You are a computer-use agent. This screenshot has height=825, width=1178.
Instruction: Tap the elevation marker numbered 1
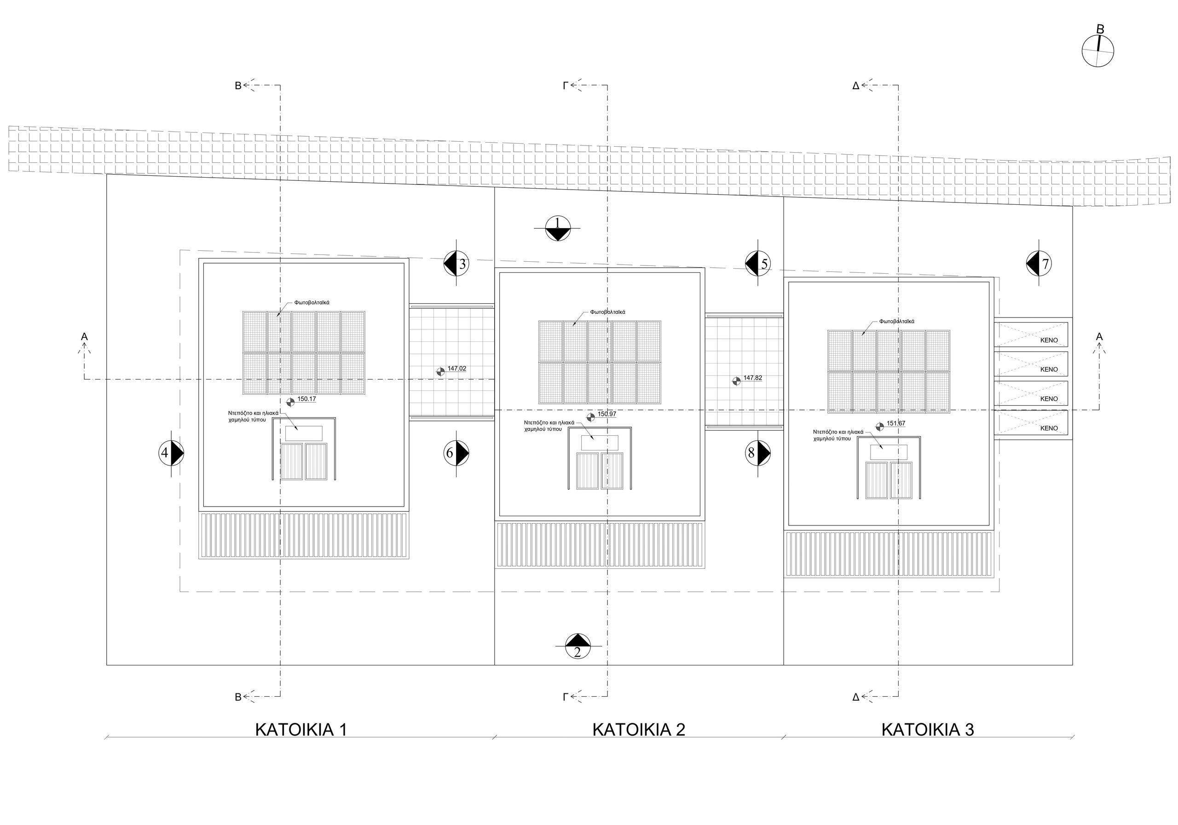tap(558, 228)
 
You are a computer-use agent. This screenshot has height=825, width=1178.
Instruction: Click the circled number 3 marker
tap(456, 263)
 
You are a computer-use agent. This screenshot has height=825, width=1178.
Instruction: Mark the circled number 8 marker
tap(758, 452)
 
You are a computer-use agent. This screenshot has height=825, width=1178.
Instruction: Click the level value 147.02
tap(456, 369)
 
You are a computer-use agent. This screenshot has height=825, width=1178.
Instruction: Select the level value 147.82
tap(753, 378)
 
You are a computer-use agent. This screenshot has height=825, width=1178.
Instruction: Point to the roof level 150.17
tap(307, 398)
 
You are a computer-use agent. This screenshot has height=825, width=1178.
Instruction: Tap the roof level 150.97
tap(607, 414)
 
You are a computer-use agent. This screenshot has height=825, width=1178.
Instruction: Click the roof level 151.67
tap(896, 424)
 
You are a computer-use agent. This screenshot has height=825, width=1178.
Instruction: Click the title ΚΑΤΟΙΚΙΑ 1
tap(301, 730)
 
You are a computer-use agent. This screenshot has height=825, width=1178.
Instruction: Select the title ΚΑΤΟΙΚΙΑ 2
tap(639, 730)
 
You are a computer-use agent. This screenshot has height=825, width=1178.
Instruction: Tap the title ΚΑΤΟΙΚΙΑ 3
tap(928, 730)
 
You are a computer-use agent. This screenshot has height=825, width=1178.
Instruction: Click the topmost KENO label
tap(1049, 340)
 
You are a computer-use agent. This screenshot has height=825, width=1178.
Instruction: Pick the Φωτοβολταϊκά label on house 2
tap(607, 312)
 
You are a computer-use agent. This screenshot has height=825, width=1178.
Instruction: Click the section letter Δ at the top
tap(856, 86)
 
